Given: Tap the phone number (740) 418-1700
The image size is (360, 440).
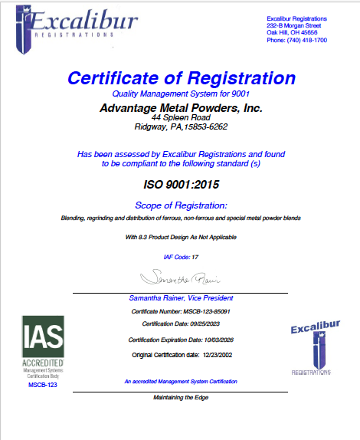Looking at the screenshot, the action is [296, 40].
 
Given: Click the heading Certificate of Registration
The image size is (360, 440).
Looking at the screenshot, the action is [181, 78].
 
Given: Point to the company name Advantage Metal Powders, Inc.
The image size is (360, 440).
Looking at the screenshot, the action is [181, 108].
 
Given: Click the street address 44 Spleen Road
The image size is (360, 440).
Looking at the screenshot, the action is [181, 119].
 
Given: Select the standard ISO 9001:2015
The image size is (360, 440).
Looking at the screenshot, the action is [181, 185].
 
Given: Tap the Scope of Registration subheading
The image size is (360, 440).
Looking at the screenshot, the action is [181, 205].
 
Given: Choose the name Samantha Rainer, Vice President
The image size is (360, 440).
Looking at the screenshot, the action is [181, 297].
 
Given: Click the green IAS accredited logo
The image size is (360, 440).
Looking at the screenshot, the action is [43, 345].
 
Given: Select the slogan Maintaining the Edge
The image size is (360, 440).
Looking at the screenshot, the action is [181, 397].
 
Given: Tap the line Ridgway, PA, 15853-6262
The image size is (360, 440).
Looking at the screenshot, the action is [181, 128].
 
